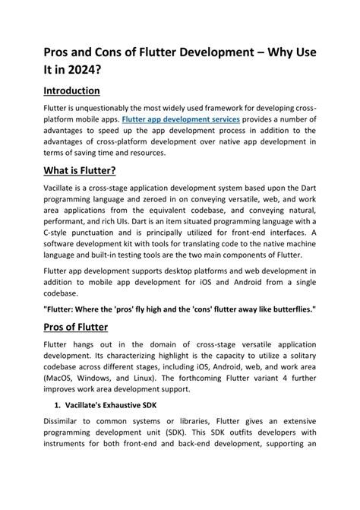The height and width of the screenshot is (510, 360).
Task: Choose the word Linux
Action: (147, 388)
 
